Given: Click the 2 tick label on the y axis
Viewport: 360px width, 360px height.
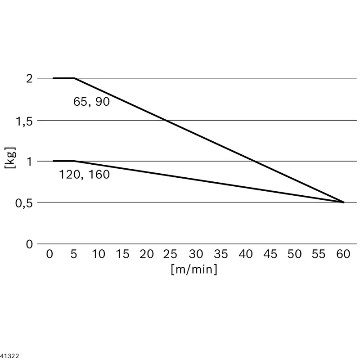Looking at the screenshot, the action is [x=29, y=79].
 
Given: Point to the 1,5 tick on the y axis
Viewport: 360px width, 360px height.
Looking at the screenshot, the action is [x=24, y=121].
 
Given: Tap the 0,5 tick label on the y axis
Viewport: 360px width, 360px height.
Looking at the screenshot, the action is [x=24, y=203].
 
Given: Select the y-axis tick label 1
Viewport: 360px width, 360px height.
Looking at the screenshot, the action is [x=29, y=162].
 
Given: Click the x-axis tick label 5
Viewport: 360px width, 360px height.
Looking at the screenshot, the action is [x=74, y=254].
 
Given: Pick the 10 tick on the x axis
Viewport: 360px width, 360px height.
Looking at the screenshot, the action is [x=98, y=254].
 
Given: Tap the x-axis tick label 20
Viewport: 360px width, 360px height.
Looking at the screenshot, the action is [x=147, y=254].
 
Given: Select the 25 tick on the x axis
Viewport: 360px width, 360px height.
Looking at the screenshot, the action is [x=170, y=254].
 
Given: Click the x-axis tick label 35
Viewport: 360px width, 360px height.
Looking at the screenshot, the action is [x=220, y=254].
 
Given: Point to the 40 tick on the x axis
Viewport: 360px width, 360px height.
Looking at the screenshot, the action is [x=245, y=254].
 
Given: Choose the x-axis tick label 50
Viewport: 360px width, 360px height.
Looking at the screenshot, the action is [x=294, y=254].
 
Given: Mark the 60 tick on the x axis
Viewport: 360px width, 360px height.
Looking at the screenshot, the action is [x=343, y=254].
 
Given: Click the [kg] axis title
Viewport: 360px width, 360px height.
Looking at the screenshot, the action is [x=10, y=158].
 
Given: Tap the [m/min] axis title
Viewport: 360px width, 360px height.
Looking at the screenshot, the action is [x=194, y=269].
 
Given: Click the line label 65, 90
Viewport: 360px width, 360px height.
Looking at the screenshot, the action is [x=91, y=102].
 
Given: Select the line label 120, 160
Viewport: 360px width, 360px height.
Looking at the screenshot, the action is [x=85, y=175].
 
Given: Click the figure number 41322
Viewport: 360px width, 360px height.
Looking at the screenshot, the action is [x=9, y=356].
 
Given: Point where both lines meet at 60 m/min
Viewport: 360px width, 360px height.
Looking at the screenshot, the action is [x=344, y=202].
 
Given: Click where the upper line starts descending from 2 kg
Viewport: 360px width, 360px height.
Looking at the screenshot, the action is [x=74, y=78].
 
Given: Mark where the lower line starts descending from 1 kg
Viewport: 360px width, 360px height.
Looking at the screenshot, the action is [x=74, y=161].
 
